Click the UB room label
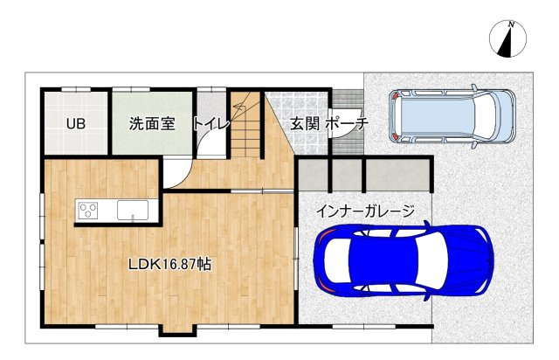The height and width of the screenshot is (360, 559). coord(75,124)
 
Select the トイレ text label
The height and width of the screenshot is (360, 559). coord(211,124)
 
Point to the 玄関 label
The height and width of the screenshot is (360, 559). coord(305,124)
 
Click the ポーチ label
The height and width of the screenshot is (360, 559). coord(348,124)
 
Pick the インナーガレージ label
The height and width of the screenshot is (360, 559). coord(364,211)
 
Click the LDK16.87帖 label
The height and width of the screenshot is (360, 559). coord(169,263)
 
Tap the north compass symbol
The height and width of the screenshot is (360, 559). coord(507,40)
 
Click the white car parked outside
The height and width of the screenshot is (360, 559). coord(452,114)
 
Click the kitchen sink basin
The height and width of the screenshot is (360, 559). coord(132,210)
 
